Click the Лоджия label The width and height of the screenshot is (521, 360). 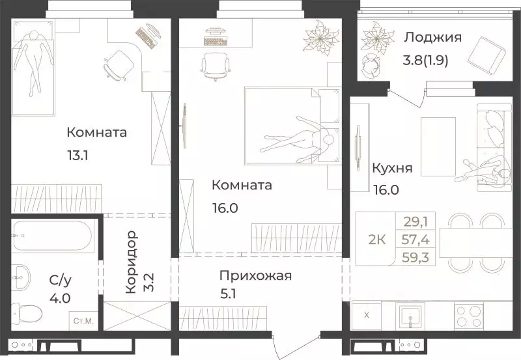coord(432,37)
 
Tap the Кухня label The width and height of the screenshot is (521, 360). coord(391,168)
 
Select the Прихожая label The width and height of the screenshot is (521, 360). coord(255,275)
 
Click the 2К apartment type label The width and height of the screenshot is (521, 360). coord(378,239)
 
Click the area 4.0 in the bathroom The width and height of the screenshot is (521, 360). coord(60,301)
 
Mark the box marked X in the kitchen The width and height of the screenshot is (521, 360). coord(366,316)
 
